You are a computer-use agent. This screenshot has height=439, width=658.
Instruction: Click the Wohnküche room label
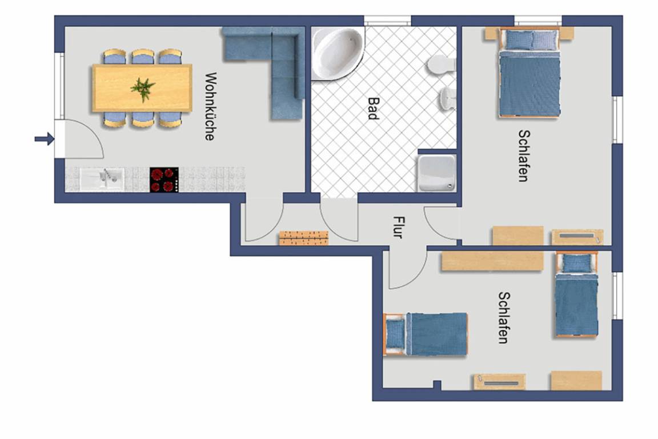coord(211,106)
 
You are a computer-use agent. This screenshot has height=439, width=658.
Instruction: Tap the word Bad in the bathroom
coord(373,109)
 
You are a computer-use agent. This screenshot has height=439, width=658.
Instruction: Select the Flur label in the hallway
coord(398,228)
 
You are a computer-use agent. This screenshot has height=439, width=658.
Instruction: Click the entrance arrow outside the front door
coord(45,139)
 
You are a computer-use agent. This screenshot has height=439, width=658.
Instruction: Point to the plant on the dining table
coord(143,89)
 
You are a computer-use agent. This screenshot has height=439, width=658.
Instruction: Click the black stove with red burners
coord(164,180)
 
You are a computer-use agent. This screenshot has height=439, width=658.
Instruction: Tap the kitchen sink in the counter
coord(102,179)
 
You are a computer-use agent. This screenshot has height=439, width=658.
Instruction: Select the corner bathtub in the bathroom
coord(338,53)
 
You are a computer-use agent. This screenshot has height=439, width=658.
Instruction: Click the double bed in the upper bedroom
coord(529,73)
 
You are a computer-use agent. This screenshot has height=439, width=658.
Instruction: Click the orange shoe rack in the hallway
coord(304,238)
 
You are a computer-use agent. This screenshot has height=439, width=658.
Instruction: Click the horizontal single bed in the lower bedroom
coord(425,334)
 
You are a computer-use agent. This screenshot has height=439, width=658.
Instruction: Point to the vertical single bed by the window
coord(576,294)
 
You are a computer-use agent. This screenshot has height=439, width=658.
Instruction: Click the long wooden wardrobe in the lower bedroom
coord(492,261)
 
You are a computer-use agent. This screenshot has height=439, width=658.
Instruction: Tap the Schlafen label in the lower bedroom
coord(504,318)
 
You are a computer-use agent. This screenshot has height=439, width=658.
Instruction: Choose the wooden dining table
coord(142,88)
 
